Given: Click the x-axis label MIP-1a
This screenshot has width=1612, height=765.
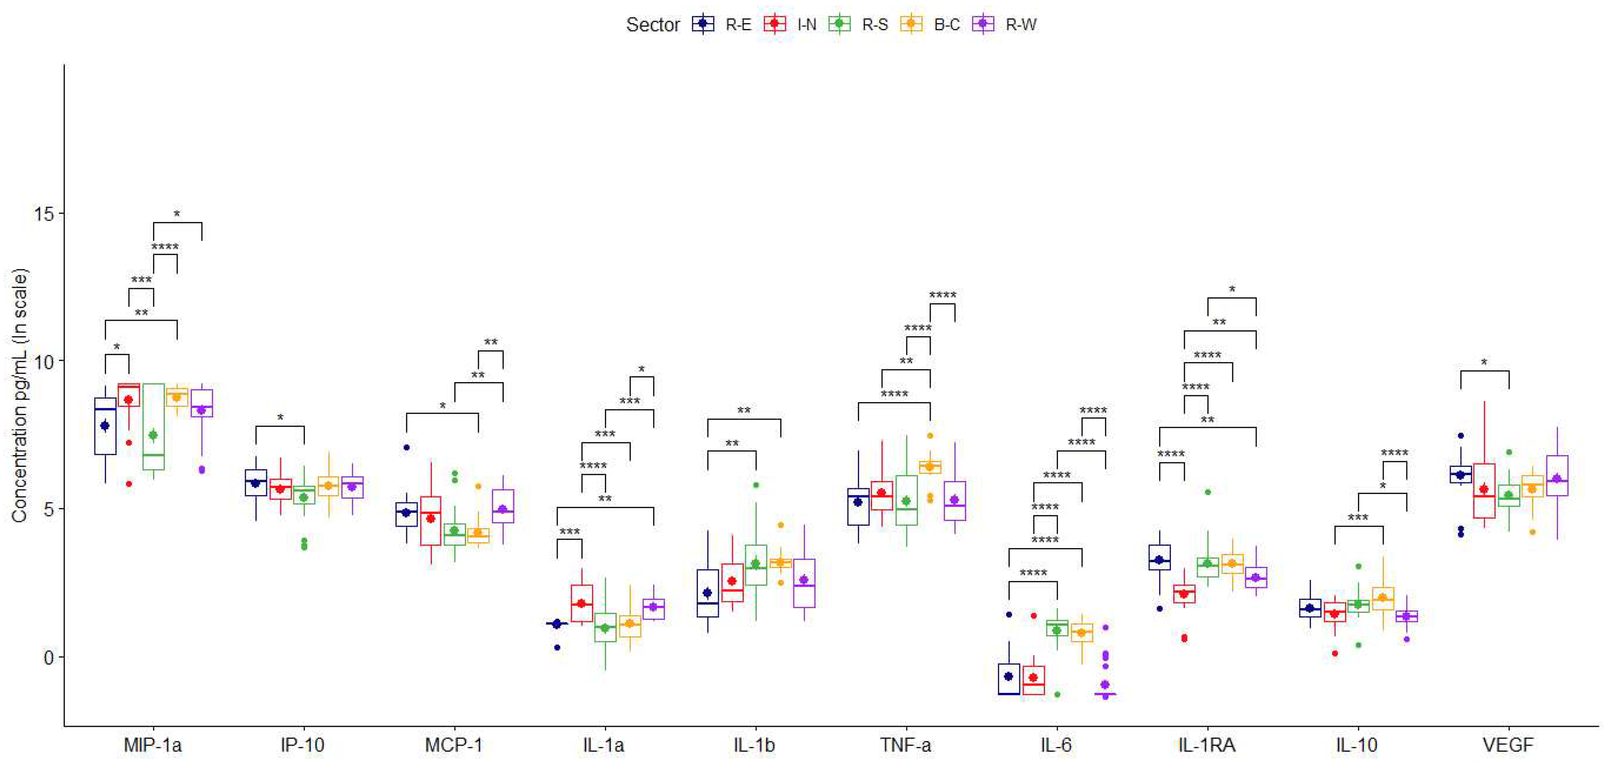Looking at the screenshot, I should point(152,745).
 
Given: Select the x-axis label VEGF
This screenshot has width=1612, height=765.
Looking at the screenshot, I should point(1508,745).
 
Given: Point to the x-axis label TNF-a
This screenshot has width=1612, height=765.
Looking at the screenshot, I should point(905,745).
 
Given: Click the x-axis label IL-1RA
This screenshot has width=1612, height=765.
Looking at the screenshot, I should point(1206,745).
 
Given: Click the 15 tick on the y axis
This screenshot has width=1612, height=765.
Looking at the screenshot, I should point(44,214).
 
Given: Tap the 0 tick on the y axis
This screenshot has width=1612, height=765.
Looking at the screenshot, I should point(49,657).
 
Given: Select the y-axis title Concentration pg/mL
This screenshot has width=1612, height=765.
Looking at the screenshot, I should point(20,395).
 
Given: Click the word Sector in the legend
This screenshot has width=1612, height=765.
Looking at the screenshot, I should point(653,25).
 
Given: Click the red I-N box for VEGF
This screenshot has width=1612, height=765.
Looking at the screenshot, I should point(1484,491).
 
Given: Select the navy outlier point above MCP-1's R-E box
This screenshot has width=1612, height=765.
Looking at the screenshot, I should point(406,447).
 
